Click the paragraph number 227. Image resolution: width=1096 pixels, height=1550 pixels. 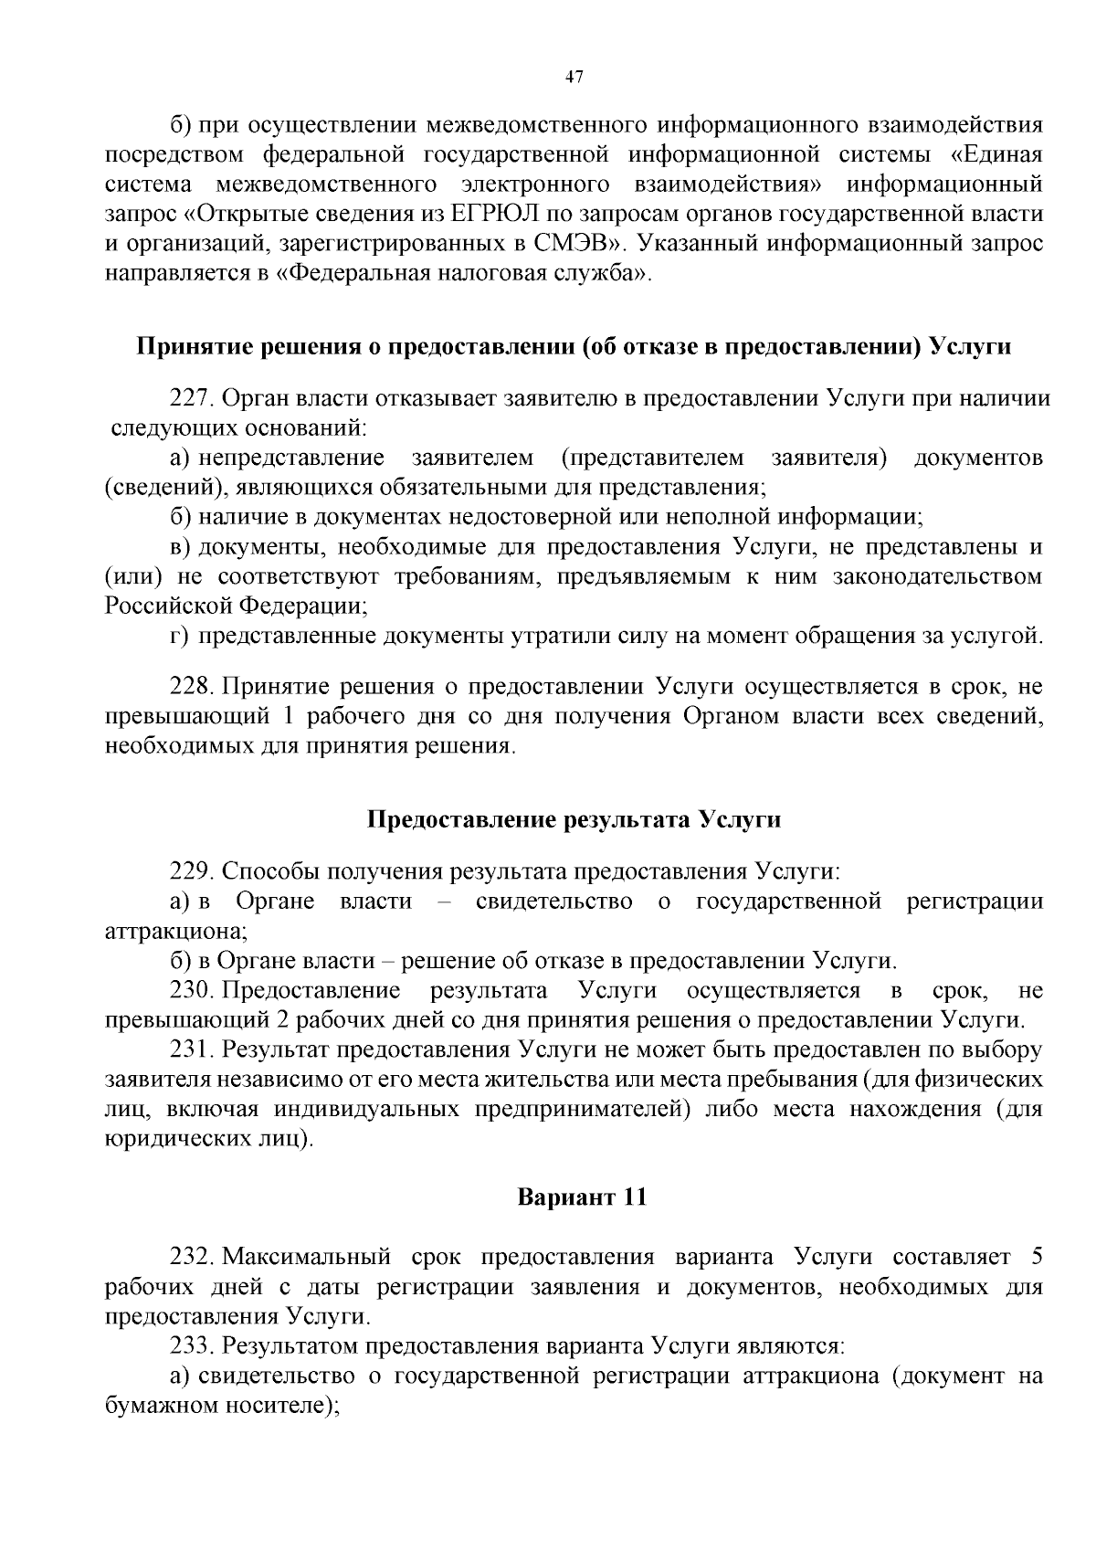(x=191, y=398)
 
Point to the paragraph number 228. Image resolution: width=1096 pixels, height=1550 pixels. (x=191, y=687)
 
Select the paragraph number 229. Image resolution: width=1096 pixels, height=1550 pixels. (x=191, y=871)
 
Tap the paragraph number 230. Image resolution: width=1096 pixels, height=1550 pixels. (x=191, y=990)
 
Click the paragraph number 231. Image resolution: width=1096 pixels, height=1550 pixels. (x=191, y=1050)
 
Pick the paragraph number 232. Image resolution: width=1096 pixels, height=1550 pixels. (x=191, y=1257)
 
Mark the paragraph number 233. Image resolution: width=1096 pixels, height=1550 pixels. (x=191, y=1345)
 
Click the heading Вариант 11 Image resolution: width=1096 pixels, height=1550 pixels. (x=582, y=1197)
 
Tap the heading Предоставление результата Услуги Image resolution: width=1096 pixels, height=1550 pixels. (x=574, y=819)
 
